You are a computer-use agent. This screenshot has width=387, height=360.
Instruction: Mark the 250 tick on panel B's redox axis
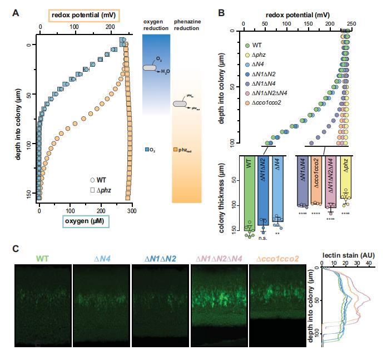click(351, 24)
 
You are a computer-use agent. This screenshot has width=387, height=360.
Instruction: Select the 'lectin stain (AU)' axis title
click(346, 256)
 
